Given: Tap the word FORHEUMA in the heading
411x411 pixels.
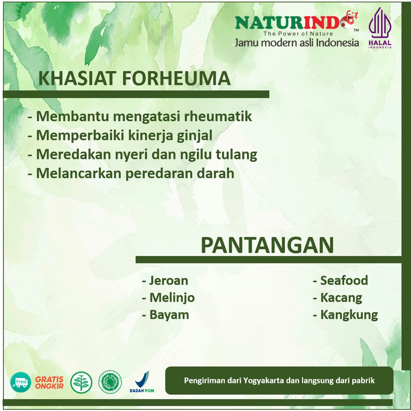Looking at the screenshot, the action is pyautogui.click(x=176, y=78).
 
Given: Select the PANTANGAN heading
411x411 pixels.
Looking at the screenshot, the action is pyautogui.click(x=267, y=245).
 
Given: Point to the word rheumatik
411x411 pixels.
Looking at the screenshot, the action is pyautogui.click(x=218, y=116).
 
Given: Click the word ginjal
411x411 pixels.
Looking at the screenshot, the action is pyautogui.click(x=195, y=136).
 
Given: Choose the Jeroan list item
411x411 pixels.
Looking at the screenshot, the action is pyautogui.click(x=165, y=281).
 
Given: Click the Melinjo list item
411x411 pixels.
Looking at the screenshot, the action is pyautogui.click(x=168, y=298).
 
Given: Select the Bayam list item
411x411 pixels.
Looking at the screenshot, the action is pyautogui.click(x=165, y=315).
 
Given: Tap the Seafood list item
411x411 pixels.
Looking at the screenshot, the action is pyautogui.click(x=340, y=280).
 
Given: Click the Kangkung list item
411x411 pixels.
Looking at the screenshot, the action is pyautogui.click(x=346, y=315).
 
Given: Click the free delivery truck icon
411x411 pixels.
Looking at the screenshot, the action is pyautogui.click(x=20, y=382).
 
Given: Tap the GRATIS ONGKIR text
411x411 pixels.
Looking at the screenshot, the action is pyautogui.click(x=49, y=383).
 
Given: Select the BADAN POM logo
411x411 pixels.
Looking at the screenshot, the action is pyautogui.click(x=142, y=382).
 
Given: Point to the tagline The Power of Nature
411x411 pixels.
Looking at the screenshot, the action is pyautogui.click(x=298, y=34).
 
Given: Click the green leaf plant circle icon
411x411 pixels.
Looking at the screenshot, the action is pyautogui.click(x=81, y=383).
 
